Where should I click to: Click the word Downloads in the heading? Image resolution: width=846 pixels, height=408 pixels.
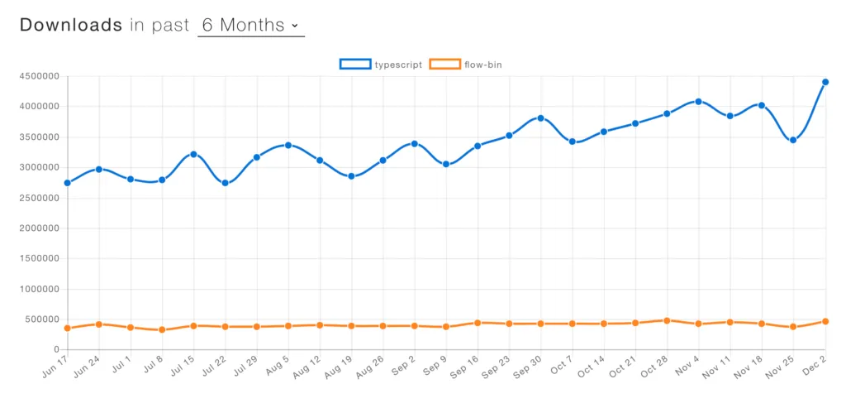click(x=71, y=25)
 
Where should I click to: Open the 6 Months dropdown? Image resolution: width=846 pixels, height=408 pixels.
click(x=250, y=25)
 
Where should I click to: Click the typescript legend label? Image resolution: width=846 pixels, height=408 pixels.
click(x=398, y=64)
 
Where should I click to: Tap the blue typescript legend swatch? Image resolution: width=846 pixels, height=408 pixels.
click(x=355, y=64)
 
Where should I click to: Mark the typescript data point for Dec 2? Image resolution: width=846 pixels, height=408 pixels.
click(x=825, y=82)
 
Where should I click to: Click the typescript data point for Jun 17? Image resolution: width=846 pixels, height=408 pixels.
click(x=67, y=183)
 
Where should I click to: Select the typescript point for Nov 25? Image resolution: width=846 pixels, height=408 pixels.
click(x=793, y=140)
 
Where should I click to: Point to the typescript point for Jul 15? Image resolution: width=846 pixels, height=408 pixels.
click(x=193, y=154)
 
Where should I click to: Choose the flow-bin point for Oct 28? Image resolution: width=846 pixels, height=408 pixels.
click(x=667, y=320)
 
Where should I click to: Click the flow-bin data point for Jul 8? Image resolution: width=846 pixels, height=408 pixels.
click(x=162, y=329)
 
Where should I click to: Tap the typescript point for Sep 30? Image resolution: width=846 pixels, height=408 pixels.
click(x=540, y=118)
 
